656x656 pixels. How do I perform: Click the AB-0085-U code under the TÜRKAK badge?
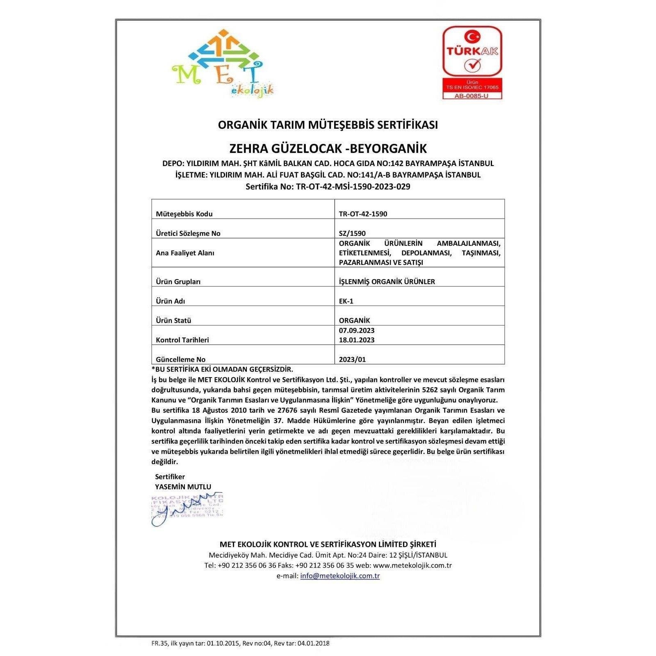(472, 96)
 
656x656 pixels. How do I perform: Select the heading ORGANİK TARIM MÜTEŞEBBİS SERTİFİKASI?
(328, 125)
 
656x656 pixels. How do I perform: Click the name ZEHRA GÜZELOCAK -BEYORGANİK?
(328, 148)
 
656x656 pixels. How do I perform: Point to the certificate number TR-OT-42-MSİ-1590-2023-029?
(353, 187)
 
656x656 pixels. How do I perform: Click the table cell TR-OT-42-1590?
(363, 214)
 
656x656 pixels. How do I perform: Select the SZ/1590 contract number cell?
(352, 233)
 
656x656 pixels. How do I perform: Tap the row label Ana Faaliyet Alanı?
(185, 253)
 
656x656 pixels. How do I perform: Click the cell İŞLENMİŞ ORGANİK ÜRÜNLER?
(387, 281)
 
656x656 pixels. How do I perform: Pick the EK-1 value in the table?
(346, 301)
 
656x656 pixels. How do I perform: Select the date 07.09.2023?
(356, 330)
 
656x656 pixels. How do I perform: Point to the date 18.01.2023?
(356, 339)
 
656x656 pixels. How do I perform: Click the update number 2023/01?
(352, 359)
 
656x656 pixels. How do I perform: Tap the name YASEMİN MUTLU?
(183, 487)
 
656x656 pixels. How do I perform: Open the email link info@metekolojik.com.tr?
(339, 576)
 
